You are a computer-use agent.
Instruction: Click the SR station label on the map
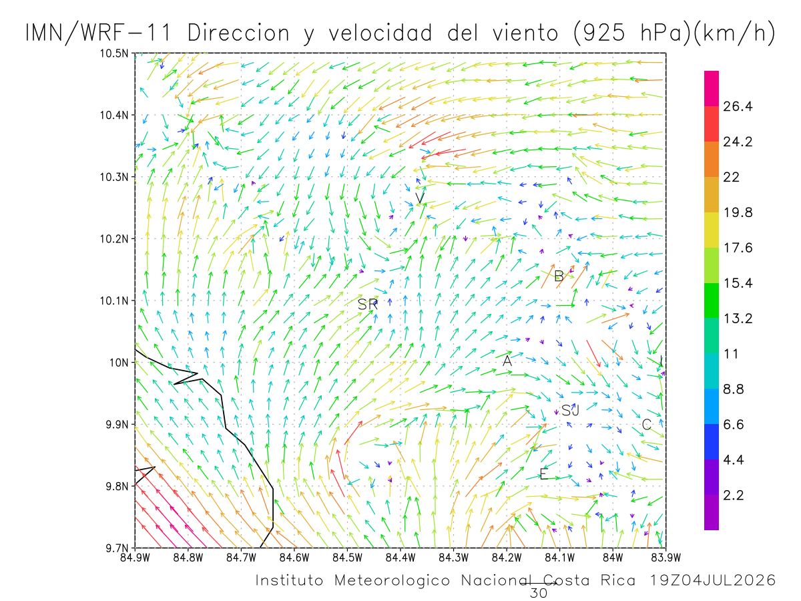367,305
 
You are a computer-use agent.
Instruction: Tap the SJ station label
570,411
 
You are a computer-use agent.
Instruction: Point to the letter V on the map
420,198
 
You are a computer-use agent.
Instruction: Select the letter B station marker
559,276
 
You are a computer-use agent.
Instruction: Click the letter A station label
507,361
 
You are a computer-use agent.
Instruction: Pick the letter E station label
543,473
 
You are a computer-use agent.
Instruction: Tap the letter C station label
646,424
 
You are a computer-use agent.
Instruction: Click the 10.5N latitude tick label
114,53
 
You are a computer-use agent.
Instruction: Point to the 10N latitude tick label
119,363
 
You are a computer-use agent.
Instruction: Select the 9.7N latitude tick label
117,548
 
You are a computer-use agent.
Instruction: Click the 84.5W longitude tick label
347,558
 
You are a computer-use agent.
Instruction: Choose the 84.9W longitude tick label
135,558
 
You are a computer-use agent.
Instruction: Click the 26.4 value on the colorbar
738,106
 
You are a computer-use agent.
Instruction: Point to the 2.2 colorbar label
734,495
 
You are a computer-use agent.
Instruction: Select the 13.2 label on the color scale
738,319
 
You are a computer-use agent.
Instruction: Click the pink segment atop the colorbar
712,88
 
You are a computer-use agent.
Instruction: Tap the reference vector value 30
539,593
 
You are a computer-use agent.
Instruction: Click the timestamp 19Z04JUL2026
713,580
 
